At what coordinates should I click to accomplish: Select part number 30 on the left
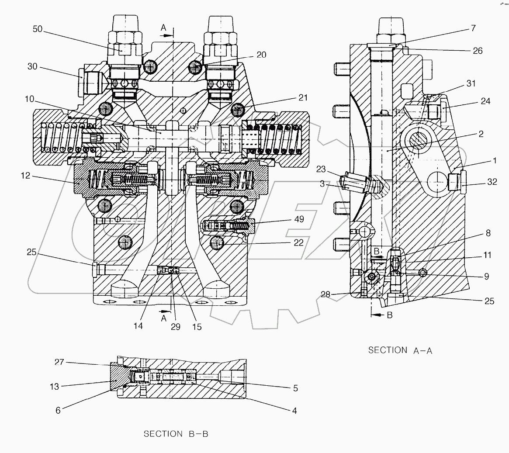(32, 67)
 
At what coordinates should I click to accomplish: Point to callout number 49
(299, 219)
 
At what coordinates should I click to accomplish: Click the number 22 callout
(299, 243)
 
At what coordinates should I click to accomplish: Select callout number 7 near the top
(473, 28)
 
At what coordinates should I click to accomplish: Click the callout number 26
(478, 51)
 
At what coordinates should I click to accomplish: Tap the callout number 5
(295, 387)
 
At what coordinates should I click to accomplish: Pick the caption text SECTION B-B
(176, 434)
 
